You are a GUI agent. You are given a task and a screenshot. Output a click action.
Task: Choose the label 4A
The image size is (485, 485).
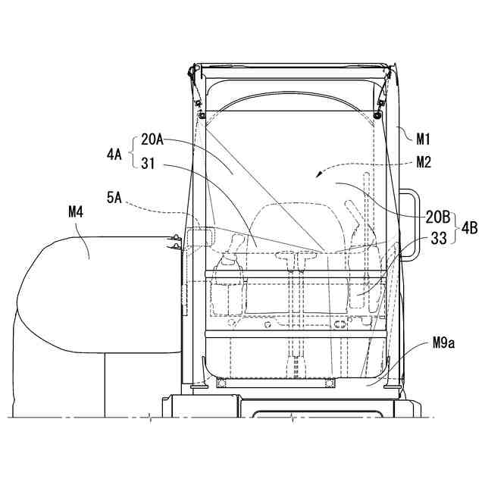114,152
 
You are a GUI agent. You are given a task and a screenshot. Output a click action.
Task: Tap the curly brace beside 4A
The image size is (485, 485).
132,152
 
